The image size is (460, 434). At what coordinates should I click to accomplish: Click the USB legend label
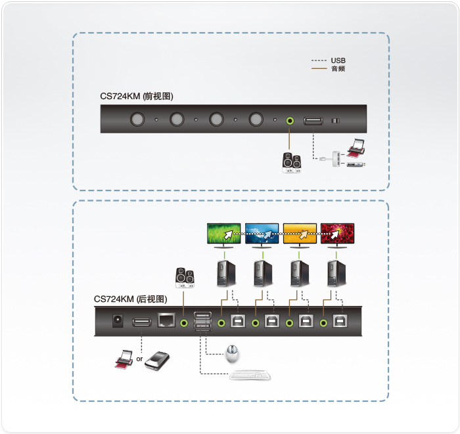[338, 60]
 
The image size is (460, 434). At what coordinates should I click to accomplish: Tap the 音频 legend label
[338, 68]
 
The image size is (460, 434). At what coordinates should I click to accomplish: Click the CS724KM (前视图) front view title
[137, 96]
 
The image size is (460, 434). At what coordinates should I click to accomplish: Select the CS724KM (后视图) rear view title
[131, 299]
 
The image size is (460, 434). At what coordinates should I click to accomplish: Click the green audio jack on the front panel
[290, 120]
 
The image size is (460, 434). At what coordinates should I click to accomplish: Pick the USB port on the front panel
[313, 121]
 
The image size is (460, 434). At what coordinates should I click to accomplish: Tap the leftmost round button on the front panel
[137, 119]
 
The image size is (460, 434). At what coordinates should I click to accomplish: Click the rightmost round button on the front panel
[256, 119]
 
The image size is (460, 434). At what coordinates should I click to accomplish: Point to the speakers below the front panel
[292, 163]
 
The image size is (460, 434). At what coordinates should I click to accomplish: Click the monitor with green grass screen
[224, 235]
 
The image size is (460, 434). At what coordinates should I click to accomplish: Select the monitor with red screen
[337, 235]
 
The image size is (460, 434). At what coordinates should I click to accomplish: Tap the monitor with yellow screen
[300, 235]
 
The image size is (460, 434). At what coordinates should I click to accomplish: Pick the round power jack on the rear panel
[118, 320]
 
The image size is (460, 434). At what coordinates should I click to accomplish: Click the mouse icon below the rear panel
[232, 353]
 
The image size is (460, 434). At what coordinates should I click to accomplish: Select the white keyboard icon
[250, 375]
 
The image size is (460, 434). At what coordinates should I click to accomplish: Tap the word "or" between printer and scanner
[139, 359]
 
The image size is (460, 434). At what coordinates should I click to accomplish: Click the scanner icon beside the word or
[158, 360]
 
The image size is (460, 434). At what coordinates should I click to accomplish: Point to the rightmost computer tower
[336, 274]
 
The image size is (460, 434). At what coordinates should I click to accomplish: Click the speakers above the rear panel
[185, 278]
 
